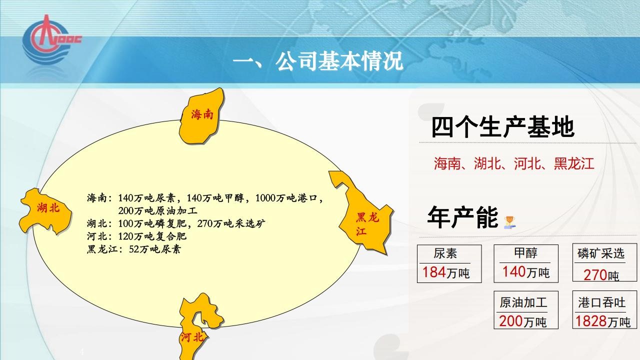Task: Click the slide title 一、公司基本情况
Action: (318, 61)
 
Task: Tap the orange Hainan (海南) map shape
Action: (201, 116)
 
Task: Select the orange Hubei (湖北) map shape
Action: (45, 211)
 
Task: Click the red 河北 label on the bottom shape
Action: (192, 337)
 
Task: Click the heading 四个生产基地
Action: (502, 127)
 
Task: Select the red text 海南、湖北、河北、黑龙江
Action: (514, 163)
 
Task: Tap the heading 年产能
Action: (463, 217)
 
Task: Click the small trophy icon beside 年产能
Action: (510, 222)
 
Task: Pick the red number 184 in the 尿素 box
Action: (434, 272)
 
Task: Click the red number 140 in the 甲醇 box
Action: (514, 271)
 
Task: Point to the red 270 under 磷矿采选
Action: (595, 275)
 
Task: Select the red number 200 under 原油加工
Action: (511, 321)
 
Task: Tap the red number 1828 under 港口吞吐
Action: (590, 321)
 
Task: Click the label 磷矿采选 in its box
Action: (601, 253)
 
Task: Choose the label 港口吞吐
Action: (601, 302)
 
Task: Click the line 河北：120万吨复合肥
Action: (136, 236)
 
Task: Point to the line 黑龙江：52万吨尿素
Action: (133, 249)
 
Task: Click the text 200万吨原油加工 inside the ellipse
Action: (157, 211)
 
